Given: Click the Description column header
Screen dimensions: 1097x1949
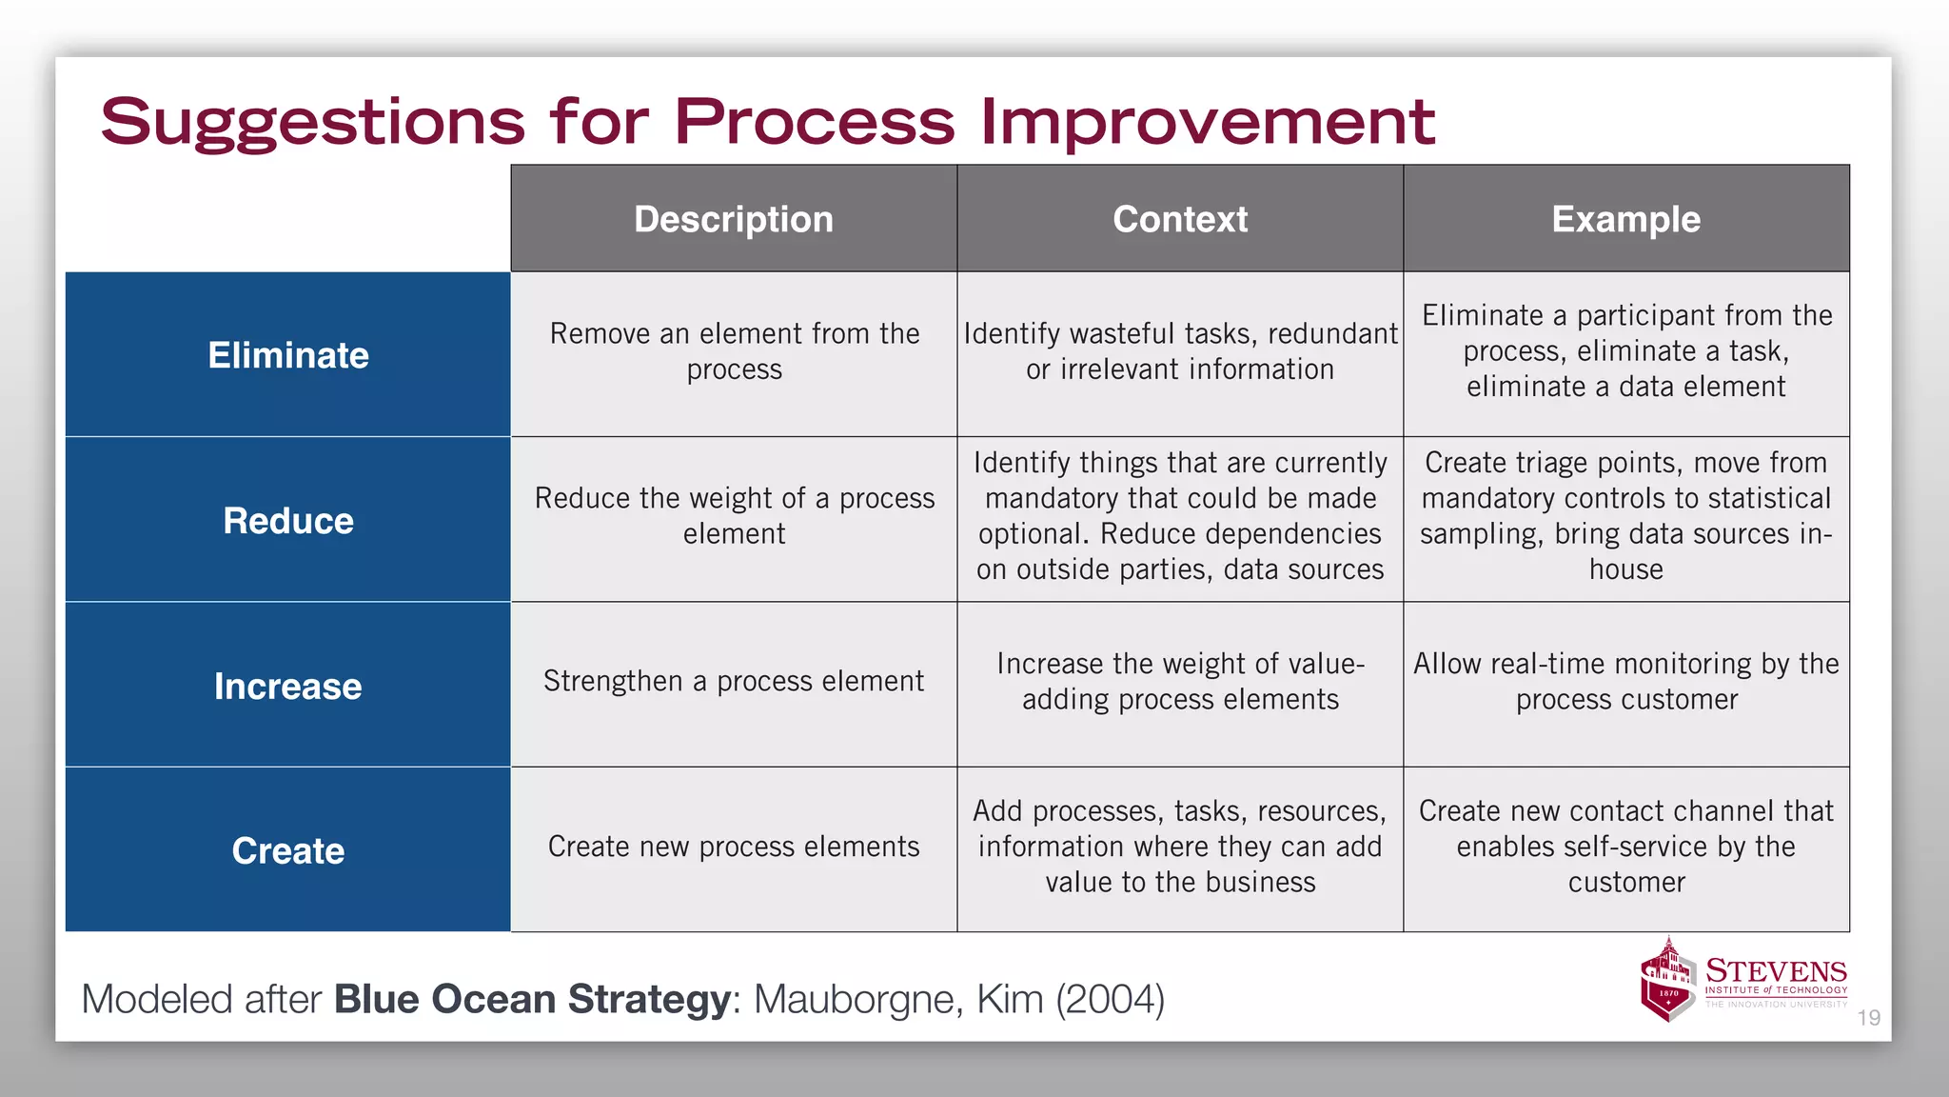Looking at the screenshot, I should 734,219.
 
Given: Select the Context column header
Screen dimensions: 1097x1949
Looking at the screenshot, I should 1180,219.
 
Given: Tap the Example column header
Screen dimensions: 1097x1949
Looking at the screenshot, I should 1625,219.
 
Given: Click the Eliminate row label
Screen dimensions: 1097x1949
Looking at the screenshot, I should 288,355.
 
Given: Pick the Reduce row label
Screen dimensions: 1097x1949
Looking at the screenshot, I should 288,521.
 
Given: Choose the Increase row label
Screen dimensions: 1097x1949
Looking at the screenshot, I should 288,686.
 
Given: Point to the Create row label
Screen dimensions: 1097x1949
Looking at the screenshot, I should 288,850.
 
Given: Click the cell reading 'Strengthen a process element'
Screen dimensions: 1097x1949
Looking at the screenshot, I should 734,682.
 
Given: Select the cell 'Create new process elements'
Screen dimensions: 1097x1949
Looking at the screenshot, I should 734,847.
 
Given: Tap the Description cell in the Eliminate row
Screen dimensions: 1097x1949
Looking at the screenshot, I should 734,351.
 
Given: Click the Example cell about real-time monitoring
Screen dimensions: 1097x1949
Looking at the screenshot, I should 1625,682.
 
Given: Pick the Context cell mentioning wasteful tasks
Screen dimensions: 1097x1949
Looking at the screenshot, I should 1180,351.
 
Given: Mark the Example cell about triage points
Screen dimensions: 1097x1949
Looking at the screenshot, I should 1625,516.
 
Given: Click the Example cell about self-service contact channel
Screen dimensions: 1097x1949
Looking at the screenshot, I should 1625,847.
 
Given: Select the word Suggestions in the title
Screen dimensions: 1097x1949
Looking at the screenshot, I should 313,124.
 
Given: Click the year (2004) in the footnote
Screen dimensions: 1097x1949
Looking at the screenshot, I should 1110,999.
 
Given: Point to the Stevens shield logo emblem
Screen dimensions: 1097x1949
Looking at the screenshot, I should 1668,981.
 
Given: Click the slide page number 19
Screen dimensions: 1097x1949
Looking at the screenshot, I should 1868,1018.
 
